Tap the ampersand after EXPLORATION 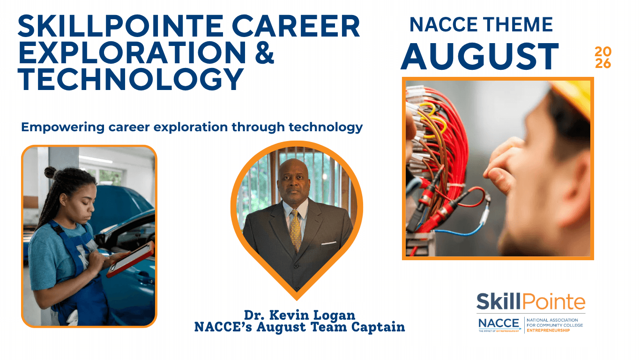tap(265, 52)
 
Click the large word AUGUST tap(479, 56)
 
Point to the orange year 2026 tap(603, 58)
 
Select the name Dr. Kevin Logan tap(299, 315)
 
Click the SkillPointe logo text tap(530, 301)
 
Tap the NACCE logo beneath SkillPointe tap(499, 324)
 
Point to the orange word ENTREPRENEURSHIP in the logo tap(548, 330)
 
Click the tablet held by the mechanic tap(130, 259)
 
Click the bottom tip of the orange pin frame tap(297, 300)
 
